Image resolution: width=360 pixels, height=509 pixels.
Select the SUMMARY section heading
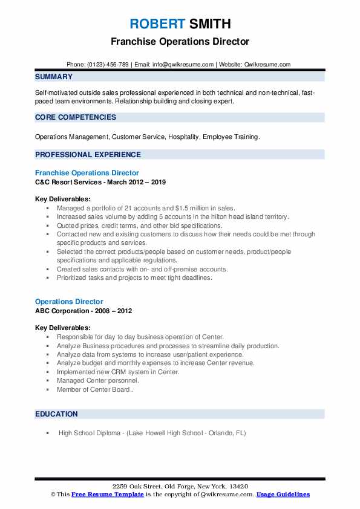pyautogui.click(x=54, y=77)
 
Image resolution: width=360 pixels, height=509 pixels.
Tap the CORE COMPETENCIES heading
pyautogui.click(x=75, y=117)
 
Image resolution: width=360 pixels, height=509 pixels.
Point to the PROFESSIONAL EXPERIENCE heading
pyautogui.click(x=88, y=154)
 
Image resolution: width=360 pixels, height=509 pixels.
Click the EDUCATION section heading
pyautogui.click(x=56, y=414)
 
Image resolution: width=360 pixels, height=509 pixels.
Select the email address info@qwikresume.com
pyautogui.click(x=183, y=64)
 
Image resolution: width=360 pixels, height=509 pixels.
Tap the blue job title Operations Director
pyautogui.click(x=69, y=302)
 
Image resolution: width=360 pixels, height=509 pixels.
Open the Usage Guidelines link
pyautogui.click(x=283, y=494)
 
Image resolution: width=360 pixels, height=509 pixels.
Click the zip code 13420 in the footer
pyautogui.click(x=238, y=486)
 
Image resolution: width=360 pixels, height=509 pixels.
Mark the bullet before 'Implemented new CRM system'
pyautogui.click(x=47, y=372)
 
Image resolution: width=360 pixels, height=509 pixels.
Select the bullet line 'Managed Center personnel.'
pyautogui.click(x=97, y=381)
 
